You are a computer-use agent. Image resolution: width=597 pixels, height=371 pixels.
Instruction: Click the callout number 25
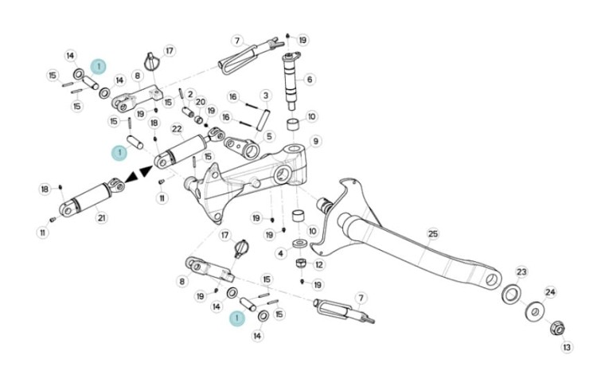[x=433, y=233]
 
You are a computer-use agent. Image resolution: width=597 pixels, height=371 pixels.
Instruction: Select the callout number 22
[x=177, y=129]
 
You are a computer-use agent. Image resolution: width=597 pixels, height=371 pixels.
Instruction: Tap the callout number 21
[x=101, y=218]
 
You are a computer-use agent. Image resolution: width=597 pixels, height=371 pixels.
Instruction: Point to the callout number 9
[x=316, y=142]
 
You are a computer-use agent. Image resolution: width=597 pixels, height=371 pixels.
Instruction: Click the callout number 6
[x=310, y=80]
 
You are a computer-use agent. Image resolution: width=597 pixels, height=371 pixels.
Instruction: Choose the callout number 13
[x=567, y=347]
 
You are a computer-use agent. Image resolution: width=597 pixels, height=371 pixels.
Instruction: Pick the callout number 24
[x=550, y=292]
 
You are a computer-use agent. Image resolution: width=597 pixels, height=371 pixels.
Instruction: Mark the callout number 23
[x=521, y=271]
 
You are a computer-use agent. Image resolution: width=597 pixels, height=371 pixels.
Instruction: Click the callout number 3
[x=266, y=96]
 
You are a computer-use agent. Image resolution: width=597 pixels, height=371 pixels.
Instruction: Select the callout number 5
[x=269, y=136]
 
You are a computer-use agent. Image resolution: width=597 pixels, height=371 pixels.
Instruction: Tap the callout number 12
[x=319, y=264]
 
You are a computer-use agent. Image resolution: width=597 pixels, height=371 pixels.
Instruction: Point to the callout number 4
[x=281, y=253]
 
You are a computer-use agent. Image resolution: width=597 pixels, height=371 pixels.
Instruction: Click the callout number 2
[x=190, y=94]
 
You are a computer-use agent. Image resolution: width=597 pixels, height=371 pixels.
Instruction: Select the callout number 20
[x=201, y=102]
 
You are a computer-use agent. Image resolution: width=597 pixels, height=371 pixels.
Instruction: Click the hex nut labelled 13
[x=557, y=328]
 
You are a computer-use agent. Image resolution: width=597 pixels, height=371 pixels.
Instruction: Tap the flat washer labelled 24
[x=535, y=311]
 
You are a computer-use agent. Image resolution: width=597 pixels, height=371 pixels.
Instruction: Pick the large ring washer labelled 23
[x=512, y=294]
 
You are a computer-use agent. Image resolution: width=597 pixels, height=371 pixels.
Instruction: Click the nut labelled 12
[x=301, y=263]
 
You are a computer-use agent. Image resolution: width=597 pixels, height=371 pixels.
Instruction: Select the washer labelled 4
[x=300, y=243]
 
